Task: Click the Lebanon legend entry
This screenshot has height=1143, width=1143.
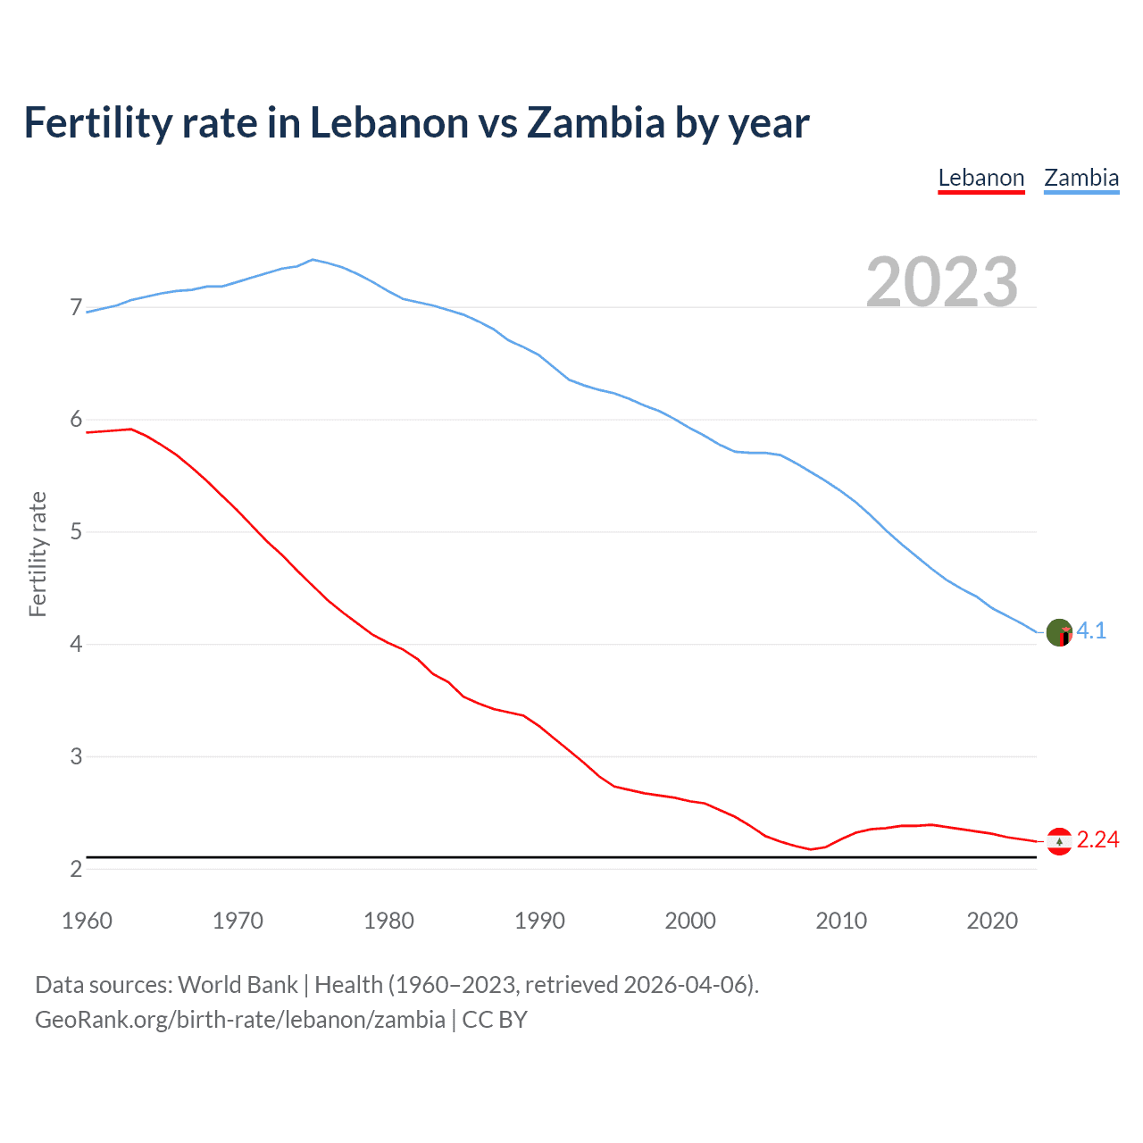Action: [980, 178]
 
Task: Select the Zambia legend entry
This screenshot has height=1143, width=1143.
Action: [1081, 178]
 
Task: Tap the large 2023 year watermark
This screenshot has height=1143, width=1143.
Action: [942, 282]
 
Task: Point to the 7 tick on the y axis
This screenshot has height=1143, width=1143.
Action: [76, 308]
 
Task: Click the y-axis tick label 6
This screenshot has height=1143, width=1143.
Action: [76, 420]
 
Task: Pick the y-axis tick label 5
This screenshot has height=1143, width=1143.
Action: [76, 532]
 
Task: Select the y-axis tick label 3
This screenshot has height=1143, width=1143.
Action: [76, 756]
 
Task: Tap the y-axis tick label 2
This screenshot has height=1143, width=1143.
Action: [76, 869]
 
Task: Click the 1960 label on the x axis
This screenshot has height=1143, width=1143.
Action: [87, 921]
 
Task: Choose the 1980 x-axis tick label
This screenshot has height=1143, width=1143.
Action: [388, 921]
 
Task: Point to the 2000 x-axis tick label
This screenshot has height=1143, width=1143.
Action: [690, 921]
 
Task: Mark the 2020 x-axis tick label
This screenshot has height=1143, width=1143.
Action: [992, 921]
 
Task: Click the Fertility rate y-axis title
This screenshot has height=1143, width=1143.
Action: [38, 554]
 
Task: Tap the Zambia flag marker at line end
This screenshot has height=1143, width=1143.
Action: [1059, 632]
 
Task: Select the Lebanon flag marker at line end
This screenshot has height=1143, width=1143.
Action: [1059, 841]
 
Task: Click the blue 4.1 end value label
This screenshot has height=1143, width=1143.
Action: [1091, 631]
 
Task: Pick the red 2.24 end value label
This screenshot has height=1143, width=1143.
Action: [1097, 840]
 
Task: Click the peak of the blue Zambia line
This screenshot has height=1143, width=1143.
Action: [312, 260]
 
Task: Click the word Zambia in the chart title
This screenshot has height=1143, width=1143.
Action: [596, 123]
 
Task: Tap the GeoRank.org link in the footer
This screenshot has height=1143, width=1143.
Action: [239, 1020]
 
